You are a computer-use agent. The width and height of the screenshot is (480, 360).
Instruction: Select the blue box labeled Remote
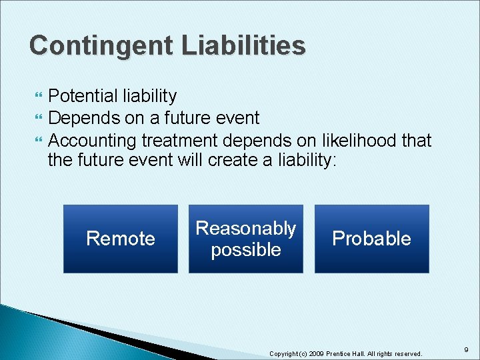point(121,239)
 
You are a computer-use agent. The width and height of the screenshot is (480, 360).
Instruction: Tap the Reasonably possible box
point(245,239)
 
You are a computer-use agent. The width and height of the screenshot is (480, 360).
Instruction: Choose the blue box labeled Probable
point(371,239)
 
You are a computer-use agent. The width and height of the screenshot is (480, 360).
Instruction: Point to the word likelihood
point(356,141)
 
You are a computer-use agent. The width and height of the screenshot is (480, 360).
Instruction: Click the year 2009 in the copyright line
point(317,353)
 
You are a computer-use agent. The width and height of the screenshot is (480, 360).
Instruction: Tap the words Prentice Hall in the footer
point(344,353)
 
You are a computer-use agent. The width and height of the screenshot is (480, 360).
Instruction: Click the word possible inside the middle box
point(245,250)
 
